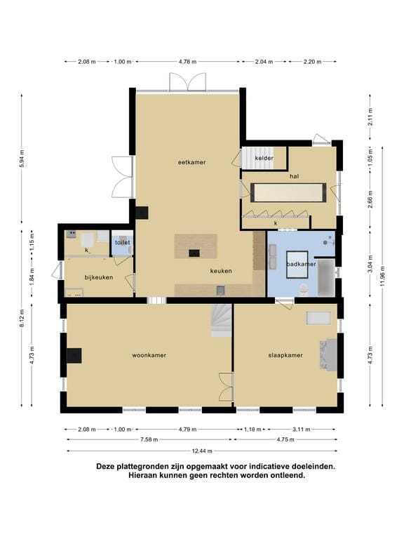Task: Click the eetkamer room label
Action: pyautogui.click(x=191, y=162)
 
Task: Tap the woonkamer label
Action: pyautogui.click(x=149, y=355)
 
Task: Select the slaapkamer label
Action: pyautogui.click(x=285, y=355)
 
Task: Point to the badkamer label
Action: pyautogui.click(x=302, y=264)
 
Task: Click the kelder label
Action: pyautogui.click(x=264, y=158)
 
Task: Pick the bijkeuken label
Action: pyautogui.click(x=99, y=277)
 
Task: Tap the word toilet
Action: pyautogui.click(x=123, y=243)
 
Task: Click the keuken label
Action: pyautogui.click(x=221, y=271)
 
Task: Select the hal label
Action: pyautogui.click(x=294, y=176)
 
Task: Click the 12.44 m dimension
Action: pyautogui.click(x=202, y=451)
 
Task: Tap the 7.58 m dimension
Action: pyautogui.click(x=149, y=439)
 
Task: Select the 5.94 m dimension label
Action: pyautogui.click(x=22, y=159)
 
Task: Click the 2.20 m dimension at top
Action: pyautogui.click(x=312, y=62)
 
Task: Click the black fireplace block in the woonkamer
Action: pyautogui.click(x=74, y=355)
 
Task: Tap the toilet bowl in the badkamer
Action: pyautogui.click(x=304, y=289)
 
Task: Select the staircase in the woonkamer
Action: pyautogui.click(x=221, y=320)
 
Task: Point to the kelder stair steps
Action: pyautogui.click(x=257, y=158)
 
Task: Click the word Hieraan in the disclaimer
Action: pyautogui.click(x=142, y=476)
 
